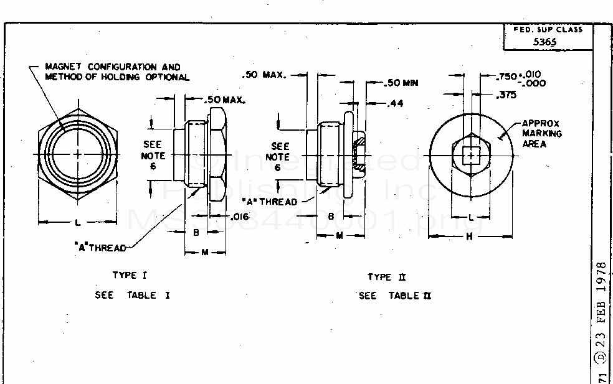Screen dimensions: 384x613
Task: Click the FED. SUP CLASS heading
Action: click(x=547, y=29)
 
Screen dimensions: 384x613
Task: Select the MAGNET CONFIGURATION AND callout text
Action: click(x=113, y=67)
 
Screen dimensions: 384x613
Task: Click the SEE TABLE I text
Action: click(x=133, y=295)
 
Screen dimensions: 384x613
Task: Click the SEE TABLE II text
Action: click(x=395, y=296)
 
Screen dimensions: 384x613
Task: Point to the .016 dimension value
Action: click(x=240, y=217)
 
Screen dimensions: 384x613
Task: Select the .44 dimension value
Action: click(x=395, y=103)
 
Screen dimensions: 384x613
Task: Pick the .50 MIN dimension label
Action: click(x=401, y=83)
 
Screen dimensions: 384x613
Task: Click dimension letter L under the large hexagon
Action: click(x=77, y=222)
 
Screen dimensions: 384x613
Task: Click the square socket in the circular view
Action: click(x=471, y=154)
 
